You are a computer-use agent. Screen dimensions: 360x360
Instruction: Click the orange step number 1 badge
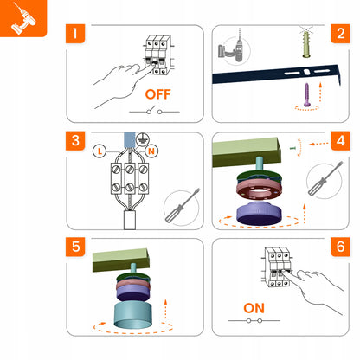pyautogui.click(x=75, y=34)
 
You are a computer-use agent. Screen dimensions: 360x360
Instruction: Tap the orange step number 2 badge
pyautogui.click(x=340, y=34)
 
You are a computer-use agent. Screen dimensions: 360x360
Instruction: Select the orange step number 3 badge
pyautogui.click(x=75, y=141)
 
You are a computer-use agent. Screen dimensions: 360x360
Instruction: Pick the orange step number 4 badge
pyautogui.click(x=340, y=141)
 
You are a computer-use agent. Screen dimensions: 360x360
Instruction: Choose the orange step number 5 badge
pyautogui.click(x=75, y=247)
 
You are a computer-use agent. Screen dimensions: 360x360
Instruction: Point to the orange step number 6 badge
pyautogui.click(x=340, y=247)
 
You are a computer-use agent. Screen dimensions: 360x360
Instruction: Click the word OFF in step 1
pyautogui.click(x=157, y=94)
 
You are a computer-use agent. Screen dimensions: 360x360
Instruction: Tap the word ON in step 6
pyautogui.click(x=254, y=308)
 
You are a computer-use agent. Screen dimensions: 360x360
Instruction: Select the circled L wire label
pyautogui.click(x=100, y=151)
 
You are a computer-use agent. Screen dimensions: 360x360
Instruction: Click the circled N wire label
pyautogui.click(x=151, y=151)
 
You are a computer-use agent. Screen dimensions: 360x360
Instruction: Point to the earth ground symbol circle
pyautogui.click(x=143, y=139)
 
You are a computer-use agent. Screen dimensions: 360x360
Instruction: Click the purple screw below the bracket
pyautogui.click(x=307, y=95)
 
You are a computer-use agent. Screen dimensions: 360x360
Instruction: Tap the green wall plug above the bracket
pyautogui.click(x=306, y=44)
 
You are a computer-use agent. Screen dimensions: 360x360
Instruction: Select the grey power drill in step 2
pyautogui.click(x=231, y=51)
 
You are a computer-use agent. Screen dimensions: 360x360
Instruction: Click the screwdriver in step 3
pyautogui.click(x=183, y=205)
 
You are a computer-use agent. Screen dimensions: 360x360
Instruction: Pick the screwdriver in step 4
pyautogui.click(x=325, y=178)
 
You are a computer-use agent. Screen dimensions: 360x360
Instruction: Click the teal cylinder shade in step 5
pyautogui.click(x=132, y=315)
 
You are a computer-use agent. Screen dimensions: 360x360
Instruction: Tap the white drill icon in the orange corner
pyautogui.click(x=23, y=18)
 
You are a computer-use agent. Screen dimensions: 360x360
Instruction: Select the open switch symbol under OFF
pyautogui.click(x=154, y=111)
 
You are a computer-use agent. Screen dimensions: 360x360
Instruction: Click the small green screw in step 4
pyautogui.click(x=292, y=148)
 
